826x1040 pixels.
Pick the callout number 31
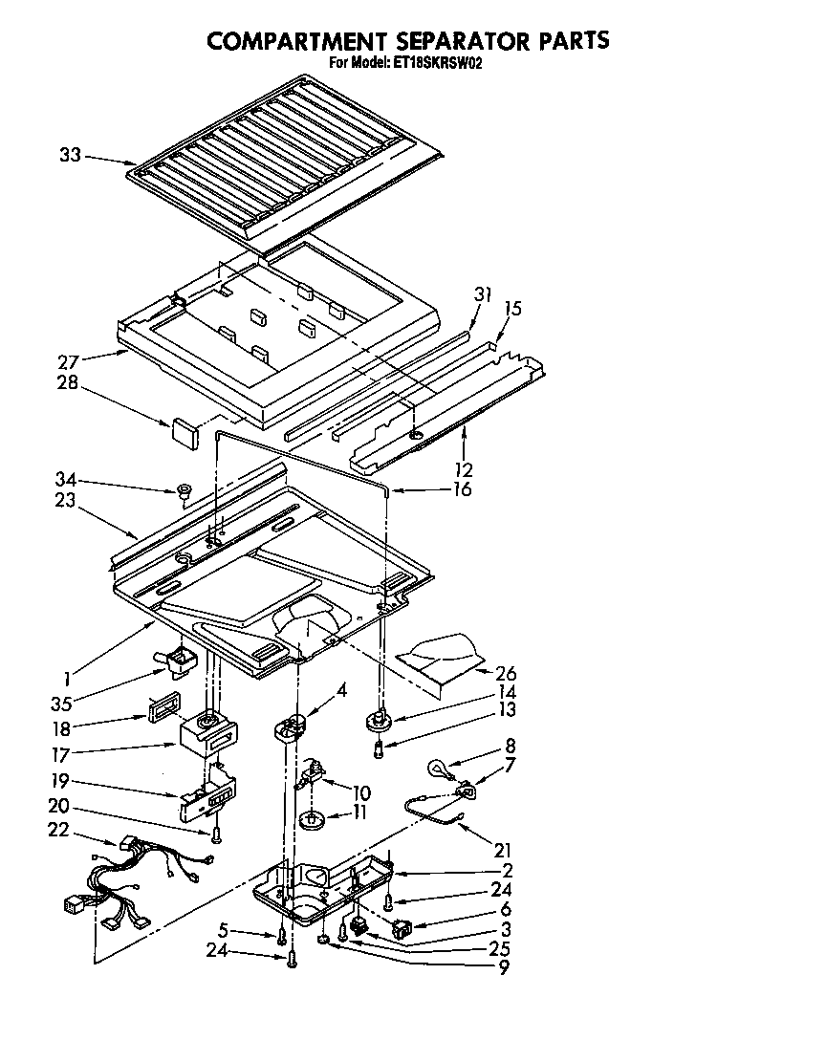(483, 295)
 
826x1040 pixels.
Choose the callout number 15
(512, 309)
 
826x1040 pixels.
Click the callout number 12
(464, 469)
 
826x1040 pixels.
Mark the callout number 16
(462, 490)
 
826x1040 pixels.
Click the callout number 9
(502, 967)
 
